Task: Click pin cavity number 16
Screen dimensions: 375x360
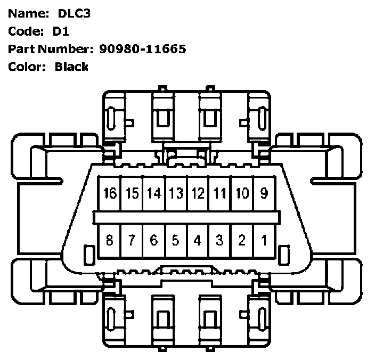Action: point(109,193)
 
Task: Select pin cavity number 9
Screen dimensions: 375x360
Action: point(264,193)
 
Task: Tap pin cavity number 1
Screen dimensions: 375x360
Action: point(264,241)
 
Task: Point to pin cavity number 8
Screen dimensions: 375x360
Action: point(109,241)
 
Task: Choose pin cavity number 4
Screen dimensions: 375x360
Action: point(198,241)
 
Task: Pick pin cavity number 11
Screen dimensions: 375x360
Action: point(219,193)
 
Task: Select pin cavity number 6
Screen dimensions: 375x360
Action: point(153,241)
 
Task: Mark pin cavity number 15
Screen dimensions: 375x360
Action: point(132,193)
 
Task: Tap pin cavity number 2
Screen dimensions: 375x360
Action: point(242,241)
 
